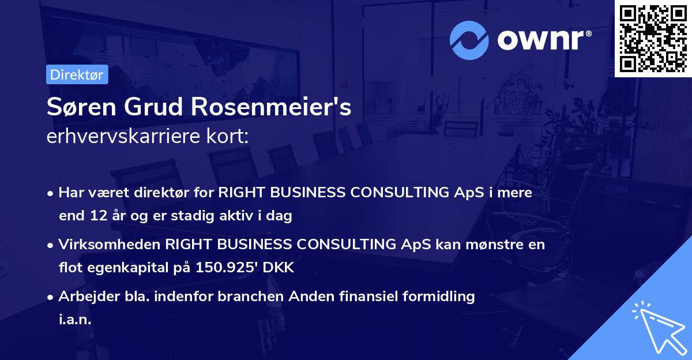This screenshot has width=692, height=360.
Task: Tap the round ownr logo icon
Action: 469,40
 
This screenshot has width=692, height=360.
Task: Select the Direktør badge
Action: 77,74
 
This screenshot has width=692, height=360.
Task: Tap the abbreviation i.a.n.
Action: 75,319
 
